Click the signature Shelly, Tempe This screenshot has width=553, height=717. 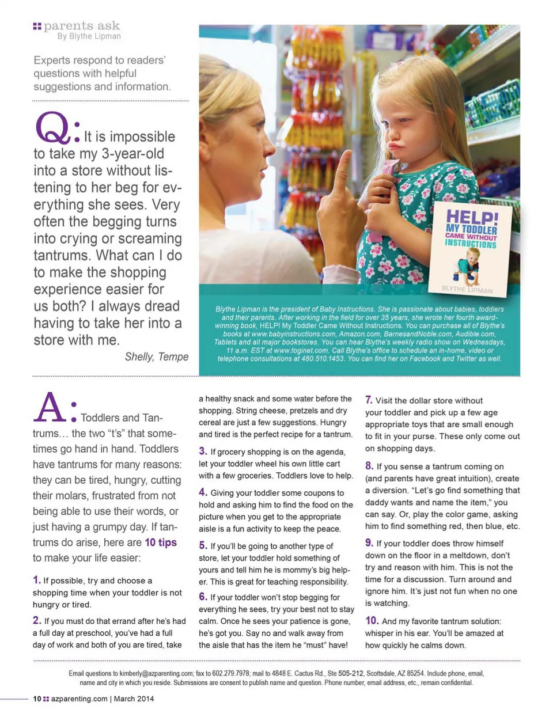[157, 356]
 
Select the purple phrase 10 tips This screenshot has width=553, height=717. [161, 543]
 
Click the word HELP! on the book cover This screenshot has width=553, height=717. [472, 218]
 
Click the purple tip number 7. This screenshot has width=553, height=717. [369, 400]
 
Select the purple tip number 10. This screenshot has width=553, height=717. [372, 620]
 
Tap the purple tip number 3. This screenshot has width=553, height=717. [203, 451]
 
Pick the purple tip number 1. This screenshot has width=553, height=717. [36, 580]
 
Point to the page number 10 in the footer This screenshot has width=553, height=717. [37, 699]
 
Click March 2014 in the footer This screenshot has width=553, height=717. [134, 699]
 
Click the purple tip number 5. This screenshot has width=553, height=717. [203, 545]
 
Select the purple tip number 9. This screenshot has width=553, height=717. [369, 543]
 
